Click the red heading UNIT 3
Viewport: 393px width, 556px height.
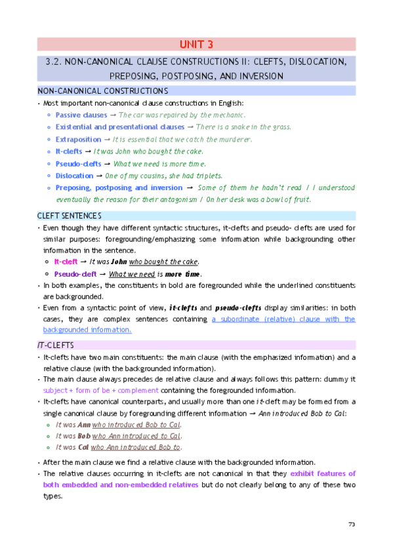(x=196, y=45)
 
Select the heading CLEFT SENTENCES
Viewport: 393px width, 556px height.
(x=69, y=216)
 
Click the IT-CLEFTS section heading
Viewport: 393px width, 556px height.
(x=56, y=345)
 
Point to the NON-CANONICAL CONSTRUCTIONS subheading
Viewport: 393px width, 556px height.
(x=102, y=90)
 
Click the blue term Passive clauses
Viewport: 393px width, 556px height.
(x=81, y=115)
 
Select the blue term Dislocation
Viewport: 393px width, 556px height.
(x=74, y=176)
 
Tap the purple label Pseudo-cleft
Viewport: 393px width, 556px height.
(x=75, y=274)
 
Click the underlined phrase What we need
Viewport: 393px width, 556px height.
(x=132, y=274)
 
